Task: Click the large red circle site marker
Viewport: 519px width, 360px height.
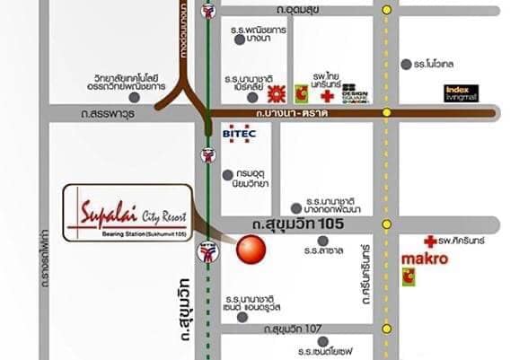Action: pos(251,249)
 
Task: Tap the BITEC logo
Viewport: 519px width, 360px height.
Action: pos(237,133)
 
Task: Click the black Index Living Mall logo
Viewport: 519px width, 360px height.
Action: pos(462,93)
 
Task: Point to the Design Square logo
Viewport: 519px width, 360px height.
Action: pos(356,92)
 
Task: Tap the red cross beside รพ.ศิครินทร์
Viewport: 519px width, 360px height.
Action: pos(430,241)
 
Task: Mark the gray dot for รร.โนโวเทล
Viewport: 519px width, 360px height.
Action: pos(406,65)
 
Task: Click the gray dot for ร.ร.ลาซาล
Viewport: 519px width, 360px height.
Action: pos(323,241)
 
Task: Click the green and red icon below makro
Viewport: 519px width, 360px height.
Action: pos(409,277)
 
